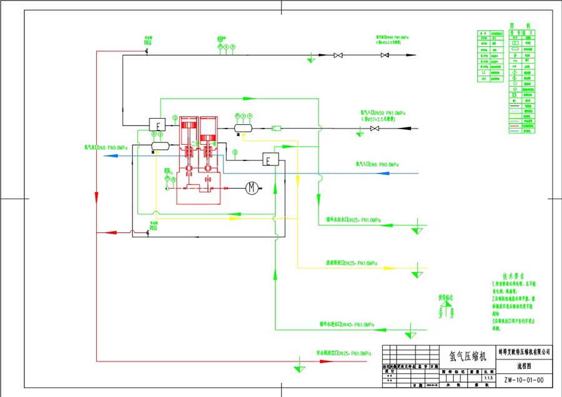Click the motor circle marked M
coord(251,187)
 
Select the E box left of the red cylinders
coord(158,124)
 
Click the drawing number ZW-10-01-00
coord(523,379)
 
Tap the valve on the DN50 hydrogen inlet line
coord(375,129)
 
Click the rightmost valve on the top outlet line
coord(385,56)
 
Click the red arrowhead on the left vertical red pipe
coord(96,197)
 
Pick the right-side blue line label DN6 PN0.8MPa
coord(377,164)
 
